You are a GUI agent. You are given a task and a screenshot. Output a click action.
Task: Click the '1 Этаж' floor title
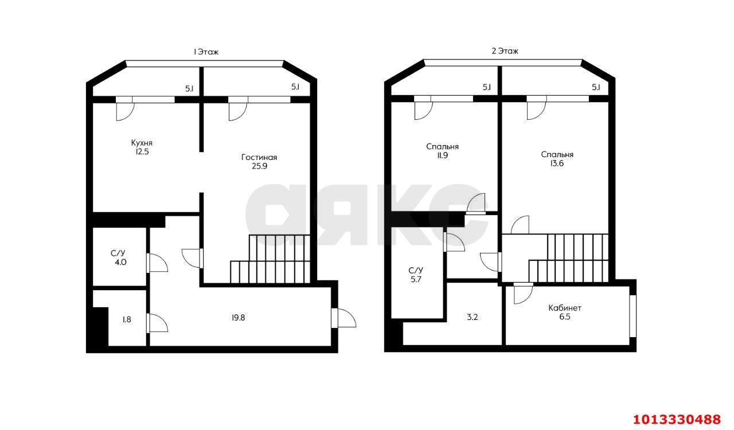coord(206,52)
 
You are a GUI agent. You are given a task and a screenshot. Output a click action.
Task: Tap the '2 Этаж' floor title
coord(505,51)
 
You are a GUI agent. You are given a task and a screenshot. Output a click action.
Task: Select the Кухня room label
coord(142,143)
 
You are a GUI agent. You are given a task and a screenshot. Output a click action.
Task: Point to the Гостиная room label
coord(259,157)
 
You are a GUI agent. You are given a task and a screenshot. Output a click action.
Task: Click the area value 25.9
coord(259,166)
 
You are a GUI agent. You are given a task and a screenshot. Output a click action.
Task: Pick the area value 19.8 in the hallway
coord(238,318)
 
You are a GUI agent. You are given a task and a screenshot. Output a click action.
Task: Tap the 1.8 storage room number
coord(127,319)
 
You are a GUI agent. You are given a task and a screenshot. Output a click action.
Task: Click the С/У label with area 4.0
coord(118,253)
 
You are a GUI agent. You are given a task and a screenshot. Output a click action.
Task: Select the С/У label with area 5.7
coord(416,271)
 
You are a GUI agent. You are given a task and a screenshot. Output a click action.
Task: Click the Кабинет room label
coord(565,308)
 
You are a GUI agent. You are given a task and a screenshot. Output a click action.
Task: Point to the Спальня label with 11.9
coord(442,147)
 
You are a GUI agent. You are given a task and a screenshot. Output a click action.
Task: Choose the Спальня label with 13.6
coord(557,154)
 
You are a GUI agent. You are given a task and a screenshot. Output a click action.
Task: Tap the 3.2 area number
coord(472,317)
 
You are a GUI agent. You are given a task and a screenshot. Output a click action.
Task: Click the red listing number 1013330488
coord(677,419)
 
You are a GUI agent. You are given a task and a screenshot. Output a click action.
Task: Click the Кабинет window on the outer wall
coord(633,316)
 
